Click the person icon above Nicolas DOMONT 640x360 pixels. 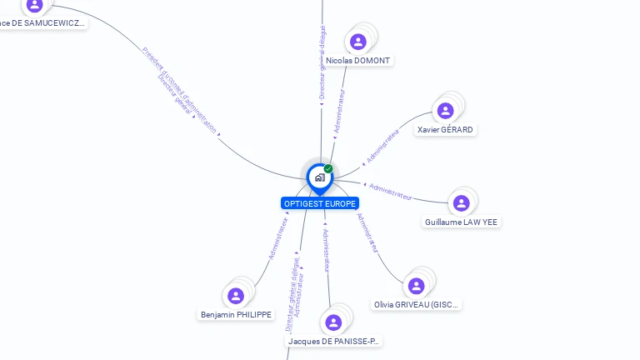[x=358, y=42]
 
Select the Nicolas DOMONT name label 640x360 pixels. [x=358, y=61]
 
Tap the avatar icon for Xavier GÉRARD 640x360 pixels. [x=445, y=111]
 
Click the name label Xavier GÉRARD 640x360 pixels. [x=445, y=130]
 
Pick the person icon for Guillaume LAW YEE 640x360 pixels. [x=461, y=203]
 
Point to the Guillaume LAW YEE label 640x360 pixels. [x=462, y=222]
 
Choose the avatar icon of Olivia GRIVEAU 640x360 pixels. [x=416, y=286]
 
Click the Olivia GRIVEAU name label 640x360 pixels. [x=417, y=305]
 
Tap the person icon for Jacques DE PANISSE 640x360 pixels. [x=334, y=322]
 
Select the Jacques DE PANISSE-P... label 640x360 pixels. [x=333, y=341]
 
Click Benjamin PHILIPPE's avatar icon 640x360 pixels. [x=236, y=296]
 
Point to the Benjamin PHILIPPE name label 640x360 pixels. [x=236, y=315]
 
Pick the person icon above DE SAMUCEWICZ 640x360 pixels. [x=34, y=5]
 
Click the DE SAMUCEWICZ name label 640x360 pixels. [x=42, y=23]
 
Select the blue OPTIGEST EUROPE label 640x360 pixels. [x=320, y=203]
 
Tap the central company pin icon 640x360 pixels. [x=319, y=177]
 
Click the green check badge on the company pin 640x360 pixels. [x=328, y=168]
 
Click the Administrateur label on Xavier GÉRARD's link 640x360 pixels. [x=383, y=146]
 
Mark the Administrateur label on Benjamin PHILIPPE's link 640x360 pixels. [x=278, y=239]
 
